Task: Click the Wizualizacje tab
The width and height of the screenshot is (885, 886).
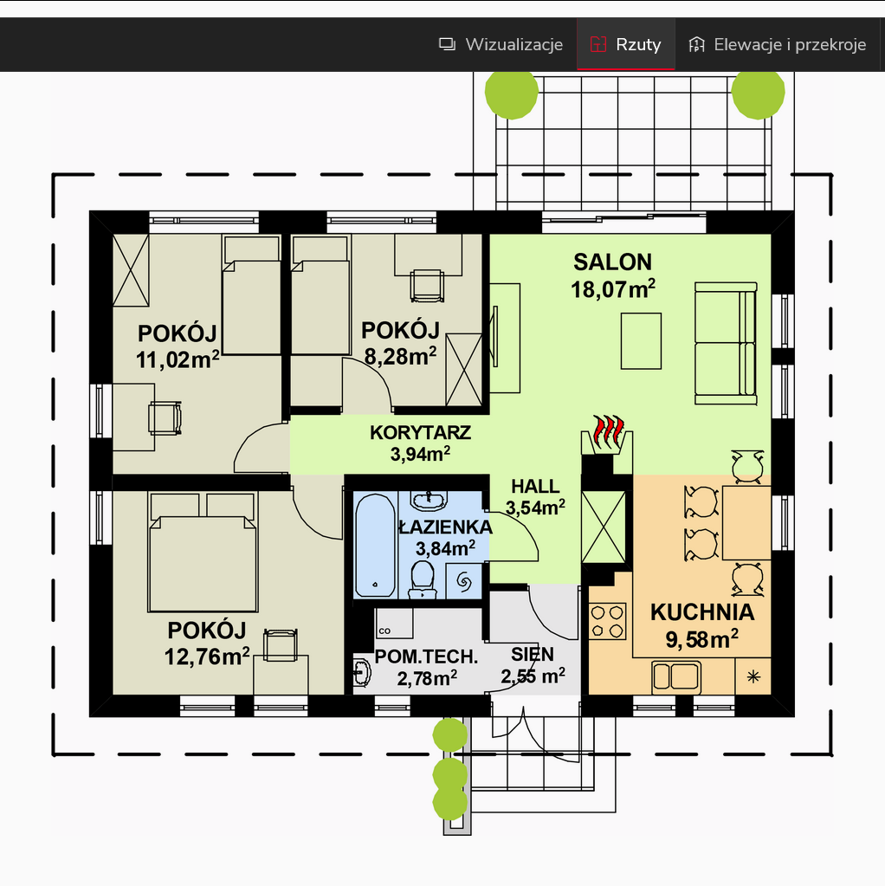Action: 501,44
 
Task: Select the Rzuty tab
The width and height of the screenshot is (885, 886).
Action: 625,44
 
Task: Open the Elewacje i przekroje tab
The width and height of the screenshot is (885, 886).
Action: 777,44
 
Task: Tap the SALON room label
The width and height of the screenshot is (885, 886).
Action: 612,262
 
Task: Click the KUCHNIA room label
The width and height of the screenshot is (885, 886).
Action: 702,612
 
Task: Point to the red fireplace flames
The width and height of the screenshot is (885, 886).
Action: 608,431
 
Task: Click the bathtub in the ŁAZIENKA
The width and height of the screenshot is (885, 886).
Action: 375,546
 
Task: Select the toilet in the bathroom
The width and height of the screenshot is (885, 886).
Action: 423,579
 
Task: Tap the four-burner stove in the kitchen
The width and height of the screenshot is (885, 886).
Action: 607,621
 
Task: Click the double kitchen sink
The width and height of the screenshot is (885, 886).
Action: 676,676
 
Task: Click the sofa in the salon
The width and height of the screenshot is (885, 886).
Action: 726,344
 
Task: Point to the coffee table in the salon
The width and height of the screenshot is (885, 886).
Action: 641,341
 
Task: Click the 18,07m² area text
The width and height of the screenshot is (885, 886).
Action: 613,289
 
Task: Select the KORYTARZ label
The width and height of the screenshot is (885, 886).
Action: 421,433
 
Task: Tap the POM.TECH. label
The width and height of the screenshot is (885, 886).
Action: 426,656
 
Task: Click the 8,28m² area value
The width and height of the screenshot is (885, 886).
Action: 400,357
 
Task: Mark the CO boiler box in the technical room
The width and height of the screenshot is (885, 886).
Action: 394,623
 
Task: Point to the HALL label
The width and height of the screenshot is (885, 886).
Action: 535,487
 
